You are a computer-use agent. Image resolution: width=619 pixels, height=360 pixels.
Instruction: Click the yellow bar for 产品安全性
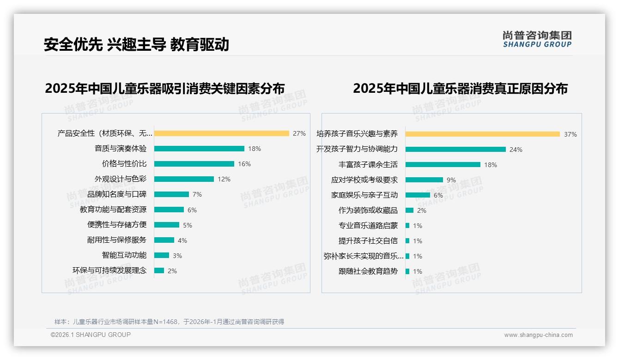click(222, 133)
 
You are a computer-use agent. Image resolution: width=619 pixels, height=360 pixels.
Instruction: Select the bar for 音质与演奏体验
click(199, 149)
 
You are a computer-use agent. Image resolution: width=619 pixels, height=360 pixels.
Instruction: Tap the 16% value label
click(244, 164)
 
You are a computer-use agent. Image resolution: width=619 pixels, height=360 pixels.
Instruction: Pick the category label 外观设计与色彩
click(121, 179)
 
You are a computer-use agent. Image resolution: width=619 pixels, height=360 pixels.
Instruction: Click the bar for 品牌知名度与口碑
click(171, 194)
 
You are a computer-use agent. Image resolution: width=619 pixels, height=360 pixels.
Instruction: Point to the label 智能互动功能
click(124, 255)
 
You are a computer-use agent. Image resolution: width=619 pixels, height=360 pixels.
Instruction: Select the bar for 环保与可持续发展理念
click(159, 270)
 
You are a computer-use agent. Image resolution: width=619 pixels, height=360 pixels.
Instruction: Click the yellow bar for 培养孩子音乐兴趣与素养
click(483, 134)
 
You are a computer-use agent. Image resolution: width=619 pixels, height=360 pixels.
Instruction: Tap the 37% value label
click(570, 134)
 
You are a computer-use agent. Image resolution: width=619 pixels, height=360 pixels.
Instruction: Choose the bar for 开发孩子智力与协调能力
click(456, 149)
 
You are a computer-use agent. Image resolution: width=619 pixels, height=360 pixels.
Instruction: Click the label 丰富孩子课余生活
click(368, 164)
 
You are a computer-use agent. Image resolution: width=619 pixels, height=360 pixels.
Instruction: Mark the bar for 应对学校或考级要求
click(425, 180)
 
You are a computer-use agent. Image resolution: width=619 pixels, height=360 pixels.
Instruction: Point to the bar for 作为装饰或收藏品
click(410, 210)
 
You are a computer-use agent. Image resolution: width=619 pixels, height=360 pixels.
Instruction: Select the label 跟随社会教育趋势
click(368, 271)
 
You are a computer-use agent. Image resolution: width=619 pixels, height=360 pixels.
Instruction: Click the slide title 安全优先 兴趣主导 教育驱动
click(136, 44)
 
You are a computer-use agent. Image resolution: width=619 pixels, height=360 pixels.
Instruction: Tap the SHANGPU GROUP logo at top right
click(537, 39)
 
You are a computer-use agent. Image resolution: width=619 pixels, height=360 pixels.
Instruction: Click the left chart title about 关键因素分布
click(165, 88)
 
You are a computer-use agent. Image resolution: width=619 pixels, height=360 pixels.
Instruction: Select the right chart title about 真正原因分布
click(460, 88)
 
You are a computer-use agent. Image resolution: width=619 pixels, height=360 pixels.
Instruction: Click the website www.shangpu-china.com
click(538, 335)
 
